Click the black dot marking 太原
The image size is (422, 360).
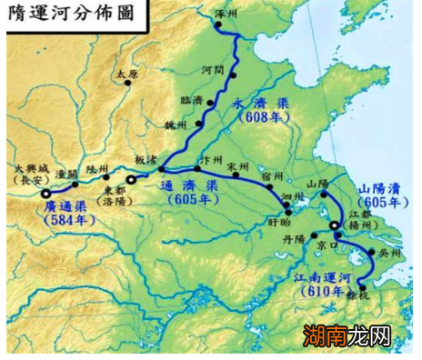(128, 83)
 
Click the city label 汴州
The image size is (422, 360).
(212, 156)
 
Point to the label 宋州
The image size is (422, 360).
(238, 165)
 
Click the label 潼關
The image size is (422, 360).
(65, 171)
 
